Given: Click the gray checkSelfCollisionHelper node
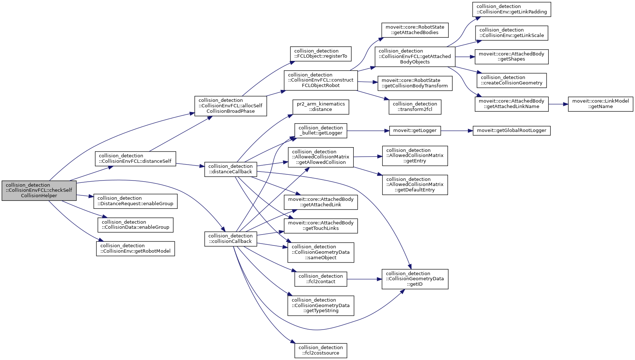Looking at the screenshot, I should [x=39, y=190].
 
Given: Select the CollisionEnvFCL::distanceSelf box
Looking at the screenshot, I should [x=135, y=159].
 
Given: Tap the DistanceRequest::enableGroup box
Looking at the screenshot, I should [x=135, y=201].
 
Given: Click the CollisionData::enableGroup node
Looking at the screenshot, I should [x=135, y=225].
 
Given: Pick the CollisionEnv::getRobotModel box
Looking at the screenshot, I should [x=135, y=248].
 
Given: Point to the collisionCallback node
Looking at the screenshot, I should [x=231, y=239].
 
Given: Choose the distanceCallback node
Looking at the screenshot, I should [x=231, y=169].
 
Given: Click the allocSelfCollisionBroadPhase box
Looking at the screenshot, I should [x=231, y=106].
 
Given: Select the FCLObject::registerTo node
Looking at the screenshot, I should [x=320, y=54].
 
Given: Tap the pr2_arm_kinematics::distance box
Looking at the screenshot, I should [x=320, y=107].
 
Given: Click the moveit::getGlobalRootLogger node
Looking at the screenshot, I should [x=511, y=131].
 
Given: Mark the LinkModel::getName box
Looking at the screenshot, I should [x=600, y=104].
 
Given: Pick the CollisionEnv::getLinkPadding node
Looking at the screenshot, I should [x=511, y=9].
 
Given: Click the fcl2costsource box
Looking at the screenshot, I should [x=320, y=351].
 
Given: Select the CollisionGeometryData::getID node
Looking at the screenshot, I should [x=415, y=279].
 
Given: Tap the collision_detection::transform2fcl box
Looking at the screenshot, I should [x=415, y=107].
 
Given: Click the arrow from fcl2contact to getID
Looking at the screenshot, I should [x=364, y=279].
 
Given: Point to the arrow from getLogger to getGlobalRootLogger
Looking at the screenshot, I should [x=457, y=131].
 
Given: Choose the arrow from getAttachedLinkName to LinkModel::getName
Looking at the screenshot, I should [x=558, y=104].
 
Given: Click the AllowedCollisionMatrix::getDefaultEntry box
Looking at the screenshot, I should [x=415, y=185].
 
